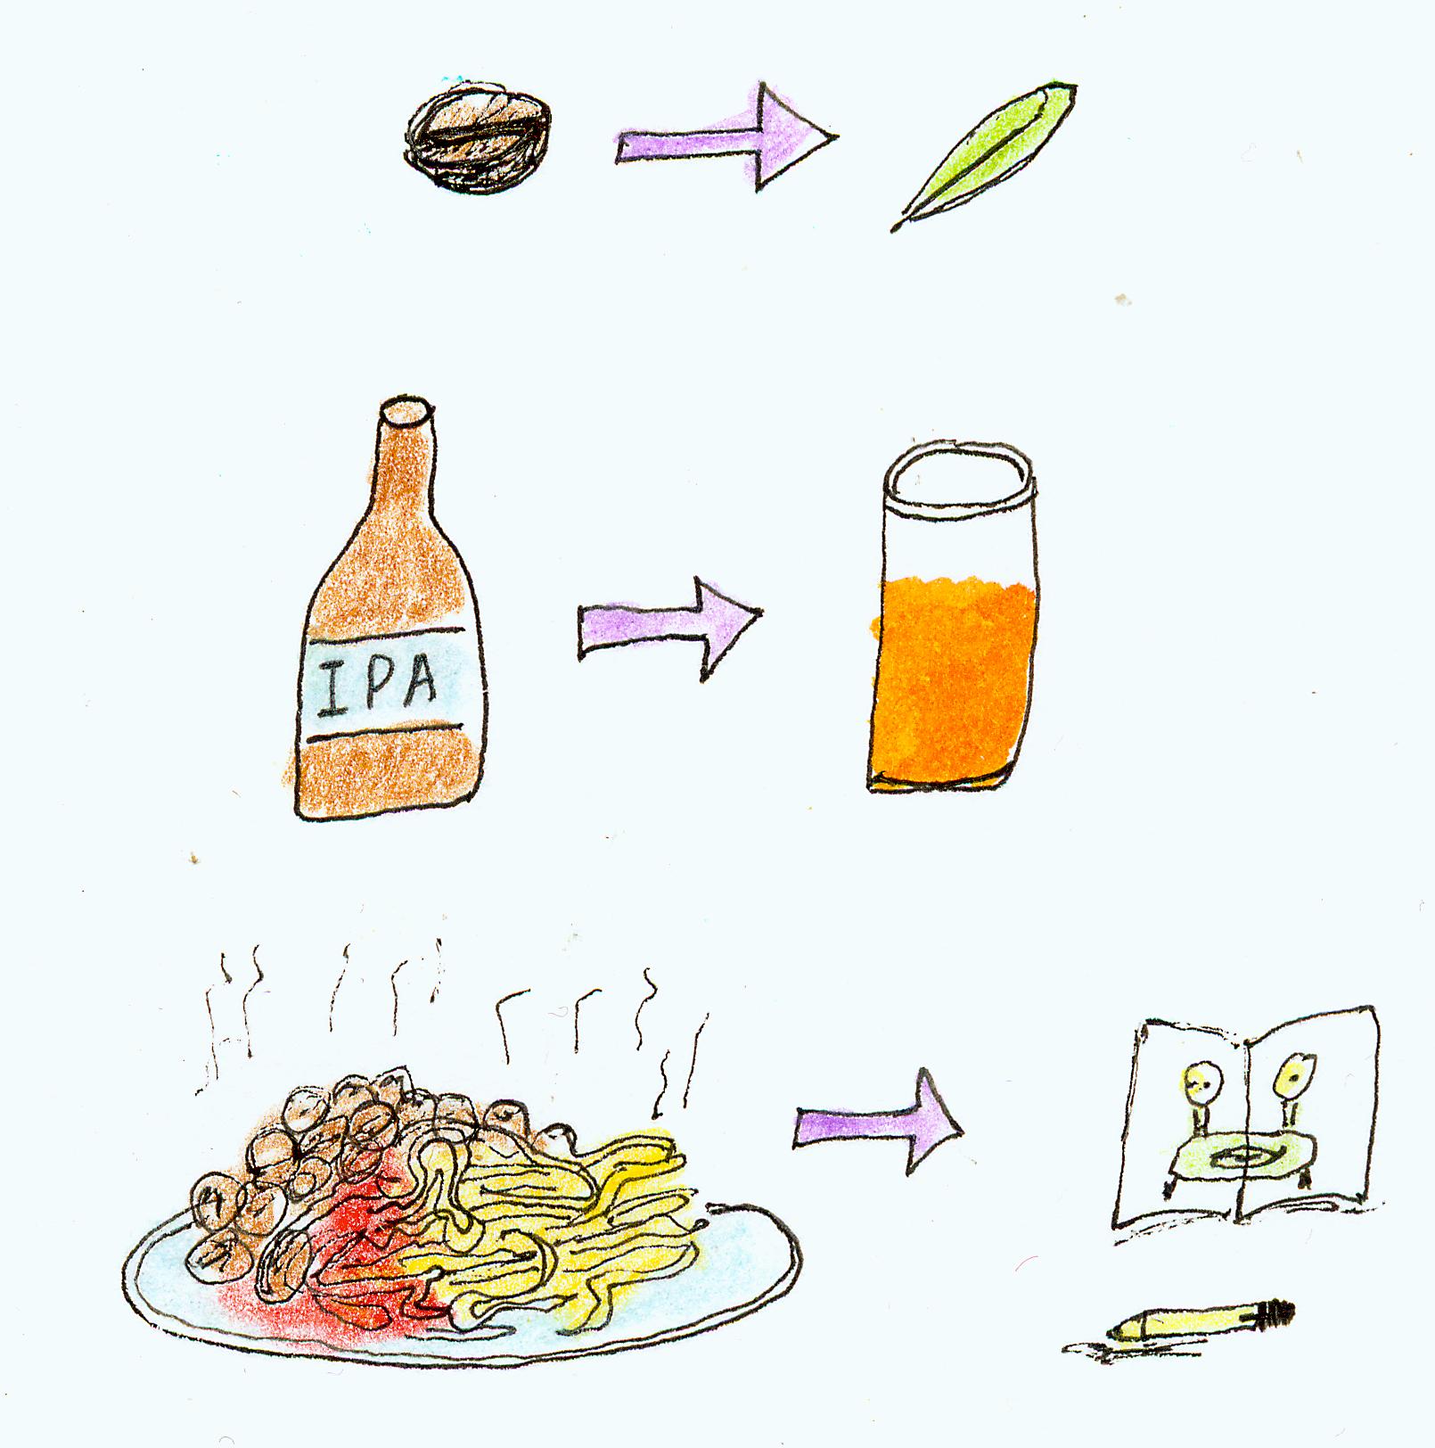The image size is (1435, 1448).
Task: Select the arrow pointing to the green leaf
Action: pos(726,137)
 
